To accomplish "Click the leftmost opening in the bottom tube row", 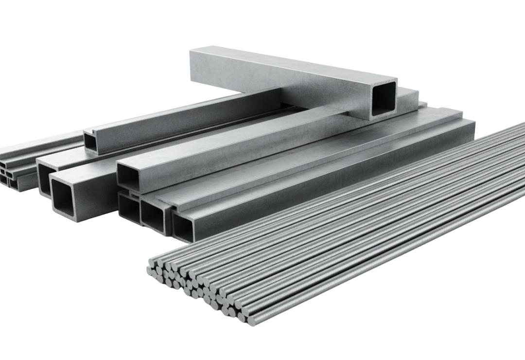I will tap(128, 209).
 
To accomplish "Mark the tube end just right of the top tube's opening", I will tap(408, 97).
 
